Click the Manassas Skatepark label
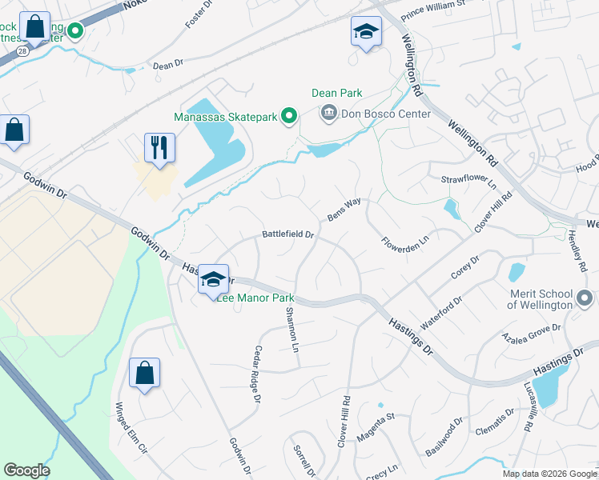[x=225, y=118]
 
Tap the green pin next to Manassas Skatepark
[x=289, y=118]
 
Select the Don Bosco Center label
[x=386, y=114]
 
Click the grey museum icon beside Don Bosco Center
[x=328, y=114]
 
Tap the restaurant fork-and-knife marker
[x=159, y=147]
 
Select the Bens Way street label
[x=344, y=210]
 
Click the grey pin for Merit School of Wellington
[x=585, y=299]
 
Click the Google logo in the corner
[x=26, y=470]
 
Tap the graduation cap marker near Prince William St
[x=366, y=32]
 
